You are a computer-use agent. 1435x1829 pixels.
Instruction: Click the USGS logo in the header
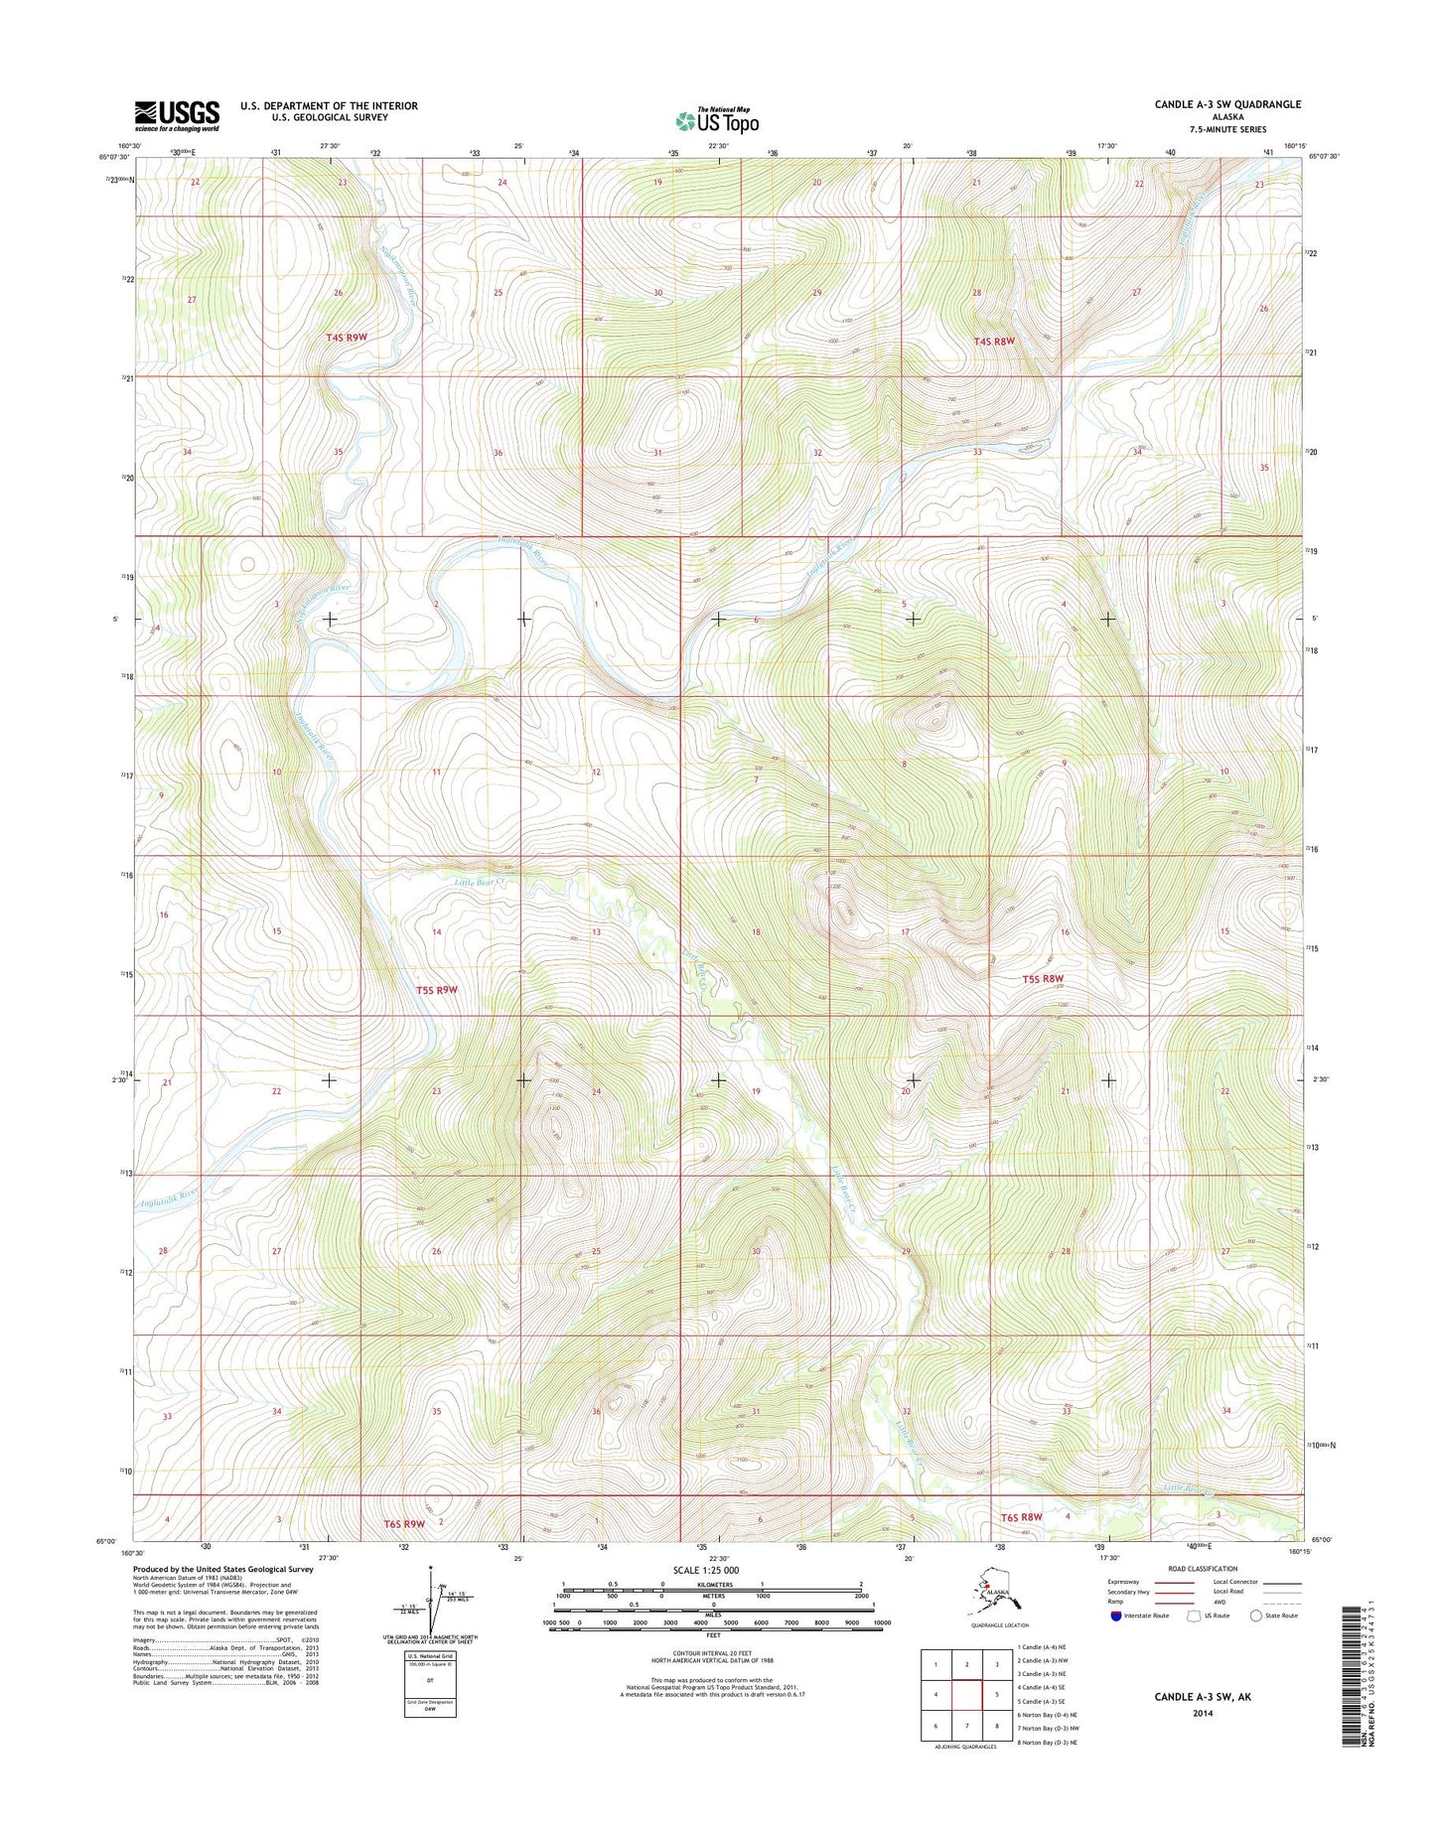[177, 115]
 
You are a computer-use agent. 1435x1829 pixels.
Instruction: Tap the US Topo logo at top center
[717, 120]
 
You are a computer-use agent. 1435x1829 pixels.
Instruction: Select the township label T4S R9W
[347, 338]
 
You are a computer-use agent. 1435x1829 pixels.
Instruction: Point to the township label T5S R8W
[1043, 979]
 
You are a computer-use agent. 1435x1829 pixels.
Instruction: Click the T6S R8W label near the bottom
[1021, 1517]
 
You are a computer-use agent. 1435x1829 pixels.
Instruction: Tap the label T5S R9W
[437, 990]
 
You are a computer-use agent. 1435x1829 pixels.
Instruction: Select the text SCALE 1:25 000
[705, 1570]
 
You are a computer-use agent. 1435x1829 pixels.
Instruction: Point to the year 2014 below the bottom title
[1202, 1713]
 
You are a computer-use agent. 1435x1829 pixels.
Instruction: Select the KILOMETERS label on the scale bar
[712, 1584]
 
